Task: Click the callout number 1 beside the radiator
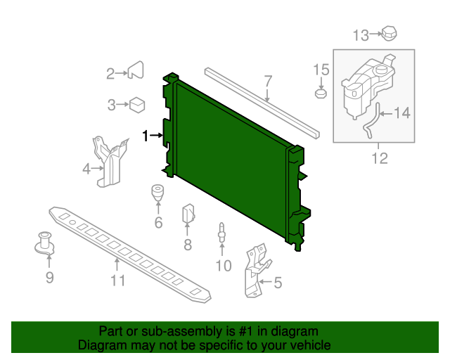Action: [x=146, y=136]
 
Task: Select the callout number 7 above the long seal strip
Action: [x=268, y=81]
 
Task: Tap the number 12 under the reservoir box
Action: [x=379, y=158]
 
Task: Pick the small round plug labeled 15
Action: [x=321, y=93]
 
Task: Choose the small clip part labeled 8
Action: [x=188, y=212]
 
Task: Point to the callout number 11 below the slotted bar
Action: [x=117, y=281]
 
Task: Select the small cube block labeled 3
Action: [x=137, y=105]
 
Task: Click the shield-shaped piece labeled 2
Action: [x=136, y=70]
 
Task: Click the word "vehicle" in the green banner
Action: [x=306, y=345]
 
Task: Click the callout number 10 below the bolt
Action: [x=223, y=265]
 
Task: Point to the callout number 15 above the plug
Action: [x=321, y=69]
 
